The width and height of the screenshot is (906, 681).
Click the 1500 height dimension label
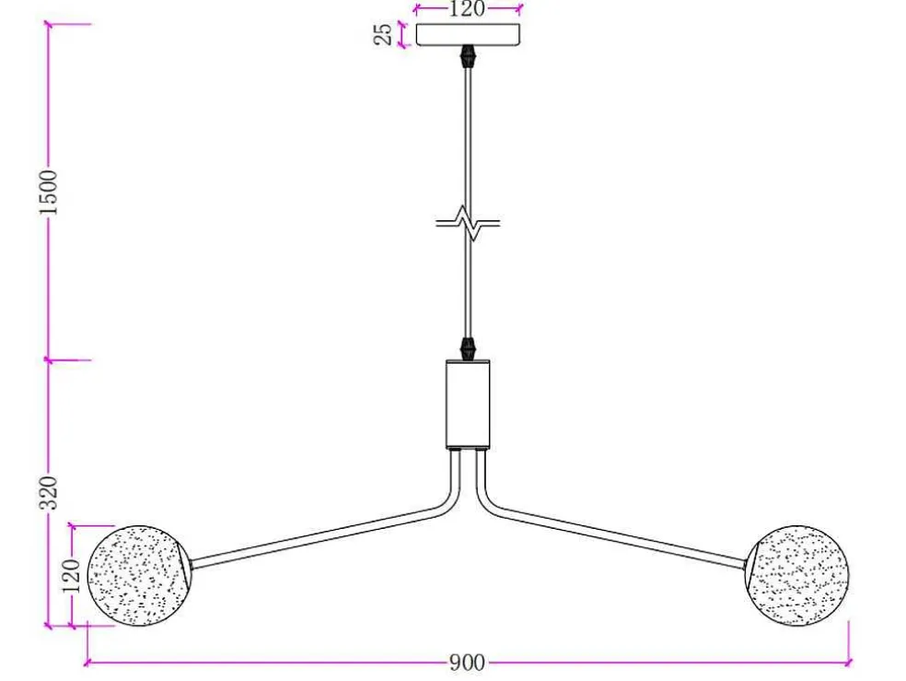[x=49, y=193]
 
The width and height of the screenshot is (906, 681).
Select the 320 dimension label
[x=49, y=493]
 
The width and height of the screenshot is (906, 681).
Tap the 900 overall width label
[x=467, y=663]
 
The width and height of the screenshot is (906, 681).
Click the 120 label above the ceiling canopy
[x=467, y=9]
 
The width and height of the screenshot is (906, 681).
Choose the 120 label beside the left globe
[x=71, y=575]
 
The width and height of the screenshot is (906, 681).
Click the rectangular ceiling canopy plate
[x=468, y=34]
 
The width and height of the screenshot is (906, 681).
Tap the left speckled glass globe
[x=139, y=576]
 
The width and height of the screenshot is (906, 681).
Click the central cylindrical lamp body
[x=468, y=405]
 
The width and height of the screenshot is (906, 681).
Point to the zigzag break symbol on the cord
[x=468, y=223]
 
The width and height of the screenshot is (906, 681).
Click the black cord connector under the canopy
[x=468, y=56]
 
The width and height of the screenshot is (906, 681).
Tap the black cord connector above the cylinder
[x=468, y=348]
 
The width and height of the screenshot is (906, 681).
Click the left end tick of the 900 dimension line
[x=87, y=663]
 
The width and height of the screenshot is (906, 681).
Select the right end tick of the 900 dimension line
[x=849, y=663]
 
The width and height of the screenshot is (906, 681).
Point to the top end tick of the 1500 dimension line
[x=49, y=24]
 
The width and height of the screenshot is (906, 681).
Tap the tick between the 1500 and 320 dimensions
[x=49, y=360]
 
